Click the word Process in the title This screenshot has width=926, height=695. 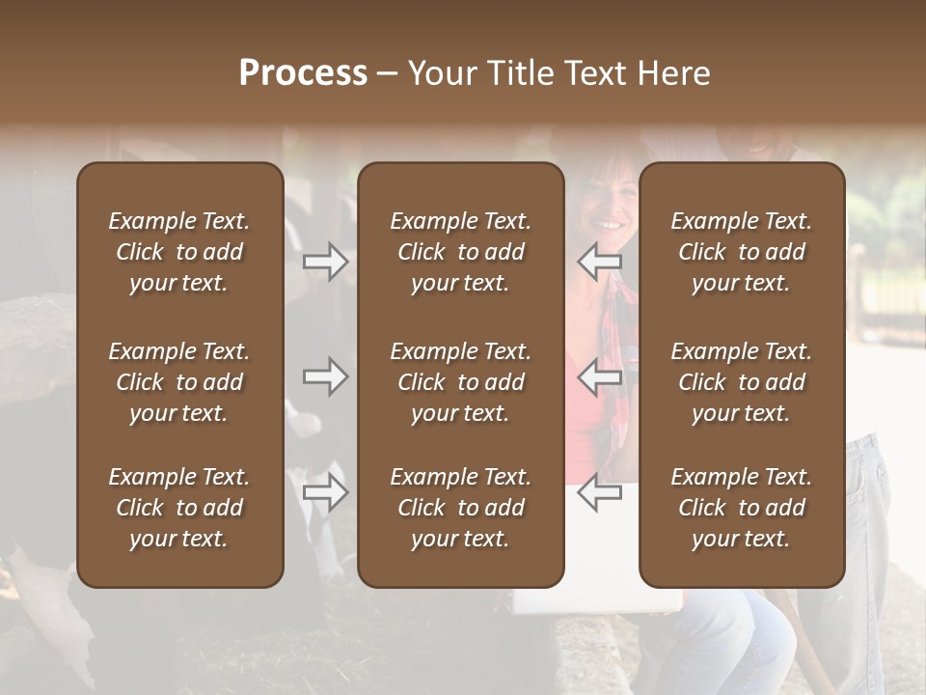click(x=303, y=73)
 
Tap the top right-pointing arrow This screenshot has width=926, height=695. click(x=326, y=262)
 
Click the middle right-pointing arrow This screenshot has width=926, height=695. click(x=326, y=376)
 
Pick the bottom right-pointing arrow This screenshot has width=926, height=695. click(x=326, y=492)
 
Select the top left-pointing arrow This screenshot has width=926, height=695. click(x=600, y=262)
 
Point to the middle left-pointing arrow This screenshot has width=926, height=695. click(x=600, y=376)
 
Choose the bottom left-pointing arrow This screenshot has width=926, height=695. click(x=600, y=492)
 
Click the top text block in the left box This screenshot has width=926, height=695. click(x=179, y=252)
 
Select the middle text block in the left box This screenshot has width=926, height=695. click(x=179, y=382)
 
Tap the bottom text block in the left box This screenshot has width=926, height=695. click(x=179, y=508)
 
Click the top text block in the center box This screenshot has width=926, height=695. click(x=460, y=252)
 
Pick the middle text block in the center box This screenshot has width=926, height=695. click(x=460, y=382)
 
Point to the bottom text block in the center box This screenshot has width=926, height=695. click(x=460, y=508)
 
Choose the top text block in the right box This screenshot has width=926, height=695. click(x=741, y=252)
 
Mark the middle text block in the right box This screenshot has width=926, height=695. click(x=741, y=382)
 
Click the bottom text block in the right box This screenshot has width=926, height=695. click(x=741, y=508)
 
